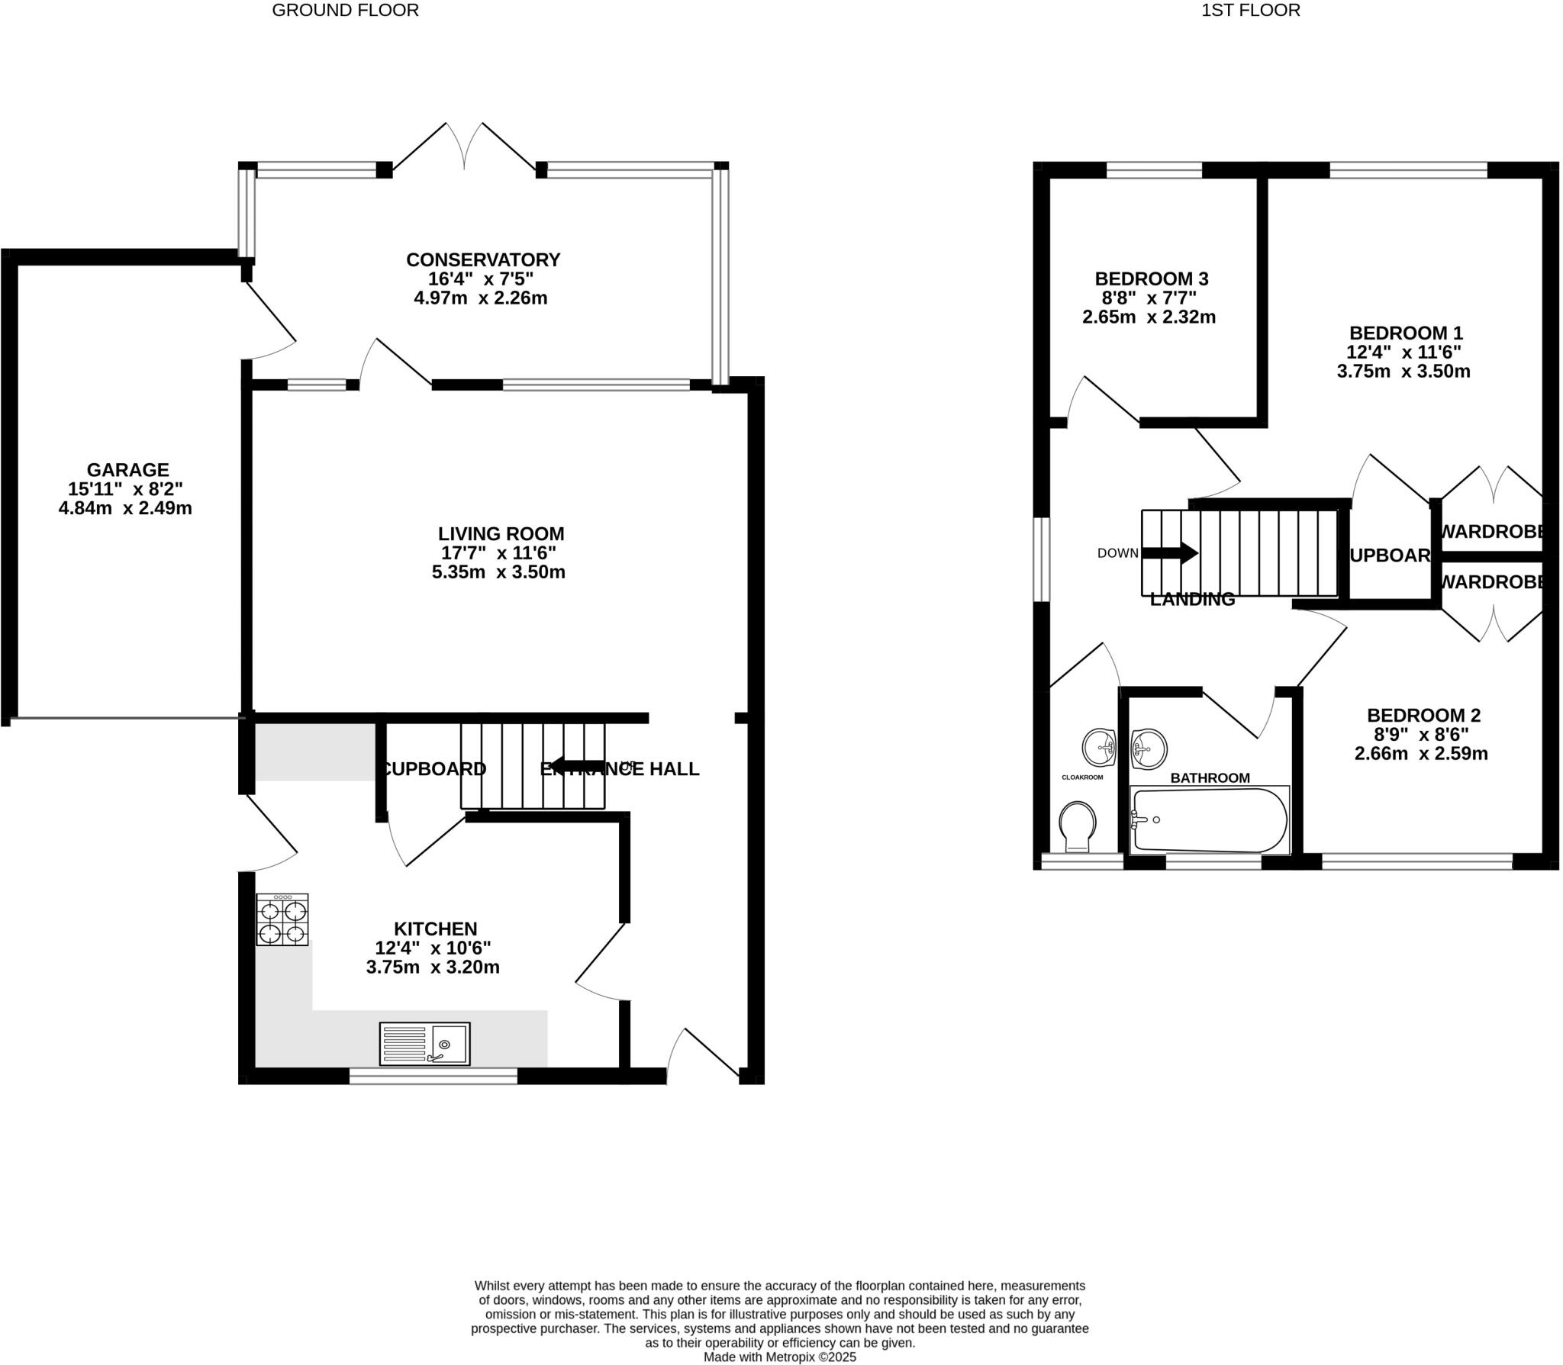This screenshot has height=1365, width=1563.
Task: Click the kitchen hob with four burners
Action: coord(282,920)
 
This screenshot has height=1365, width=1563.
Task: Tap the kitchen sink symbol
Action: coord(424,1044)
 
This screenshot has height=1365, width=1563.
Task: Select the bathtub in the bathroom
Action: coord(1209,820)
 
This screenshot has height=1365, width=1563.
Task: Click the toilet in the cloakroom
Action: coord(1078,825)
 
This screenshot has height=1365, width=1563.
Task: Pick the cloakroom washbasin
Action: coord(1100,746)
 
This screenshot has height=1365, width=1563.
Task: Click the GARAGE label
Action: coord(127,470)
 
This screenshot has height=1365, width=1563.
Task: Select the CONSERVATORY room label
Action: coord(483,259)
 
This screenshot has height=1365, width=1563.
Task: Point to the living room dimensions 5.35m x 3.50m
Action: coord(498,572)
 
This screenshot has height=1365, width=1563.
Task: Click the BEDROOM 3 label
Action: coord(1151,278)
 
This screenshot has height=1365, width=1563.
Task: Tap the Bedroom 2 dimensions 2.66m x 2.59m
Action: coord(1421,754)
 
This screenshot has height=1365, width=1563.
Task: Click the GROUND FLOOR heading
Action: coord(345,11)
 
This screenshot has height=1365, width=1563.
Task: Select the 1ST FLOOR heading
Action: coord(1250,11)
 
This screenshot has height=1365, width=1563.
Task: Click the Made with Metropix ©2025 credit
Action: coord(779,1357)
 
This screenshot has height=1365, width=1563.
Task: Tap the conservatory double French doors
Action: coord(464,149)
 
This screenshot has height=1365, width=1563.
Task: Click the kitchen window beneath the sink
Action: coord(433,1076)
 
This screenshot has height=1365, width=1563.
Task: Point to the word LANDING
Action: coord(1192,600)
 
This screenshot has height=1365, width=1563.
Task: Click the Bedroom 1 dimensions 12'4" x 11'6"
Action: coord(1403,353)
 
